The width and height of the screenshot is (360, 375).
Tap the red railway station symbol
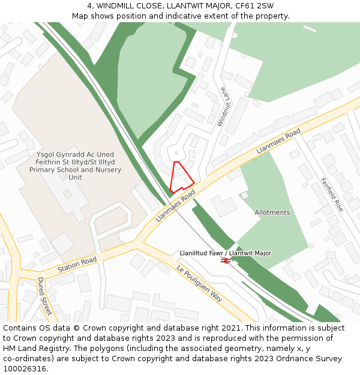coord(226,261)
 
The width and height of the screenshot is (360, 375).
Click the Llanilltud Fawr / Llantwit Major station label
coord(225,253)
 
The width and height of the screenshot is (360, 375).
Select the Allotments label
coord(272,212)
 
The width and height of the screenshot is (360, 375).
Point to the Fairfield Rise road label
coord(331,194)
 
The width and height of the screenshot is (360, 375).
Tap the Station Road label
coord(77,264)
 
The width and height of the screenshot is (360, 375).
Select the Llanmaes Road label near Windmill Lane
coord(278,141)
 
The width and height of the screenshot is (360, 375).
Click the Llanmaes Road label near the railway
coord(176,206)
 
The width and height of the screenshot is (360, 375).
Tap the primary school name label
coord(75,166)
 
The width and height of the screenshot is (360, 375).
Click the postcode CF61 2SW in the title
coord(253,6)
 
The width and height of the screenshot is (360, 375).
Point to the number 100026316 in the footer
coord(24,369)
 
